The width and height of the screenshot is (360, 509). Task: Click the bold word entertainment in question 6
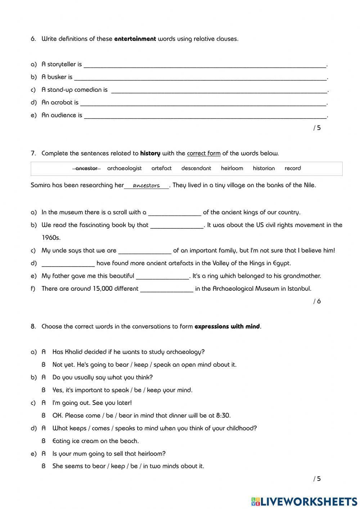[135, 39]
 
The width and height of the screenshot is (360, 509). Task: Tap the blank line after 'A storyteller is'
[205, 65]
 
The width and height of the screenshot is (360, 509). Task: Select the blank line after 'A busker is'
[200, 78]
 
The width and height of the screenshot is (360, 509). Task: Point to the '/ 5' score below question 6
[317, 128]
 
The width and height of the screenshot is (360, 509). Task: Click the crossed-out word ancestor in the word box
[86, 168]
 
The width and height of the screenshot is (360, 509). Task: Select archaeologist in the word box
[124, 168]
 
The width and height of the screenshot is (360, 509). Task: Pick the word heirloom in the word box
[232, 168]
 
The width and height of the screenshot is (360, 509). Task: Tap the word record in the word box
[292, 168]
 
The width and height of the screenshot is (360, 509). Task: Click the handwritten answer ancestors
[146, 186]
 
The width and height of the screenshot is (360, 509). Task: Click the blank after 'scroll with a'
[175, 213]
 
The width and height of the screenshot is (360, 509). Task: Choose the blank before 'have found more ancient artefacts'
[68, 264]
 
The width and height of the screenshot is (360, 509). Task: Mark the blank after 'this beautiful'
[162, 277]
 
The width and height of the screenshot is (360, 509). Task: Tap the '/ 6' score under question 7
[317, 301]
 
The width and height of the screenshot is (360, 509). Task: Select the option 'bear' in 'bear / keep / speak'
[122, 365]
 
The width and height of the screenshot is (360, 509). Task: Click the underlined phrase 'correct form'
[203, 153]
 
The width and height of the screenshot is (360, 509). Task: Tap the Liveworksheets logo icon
[256, 501]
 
